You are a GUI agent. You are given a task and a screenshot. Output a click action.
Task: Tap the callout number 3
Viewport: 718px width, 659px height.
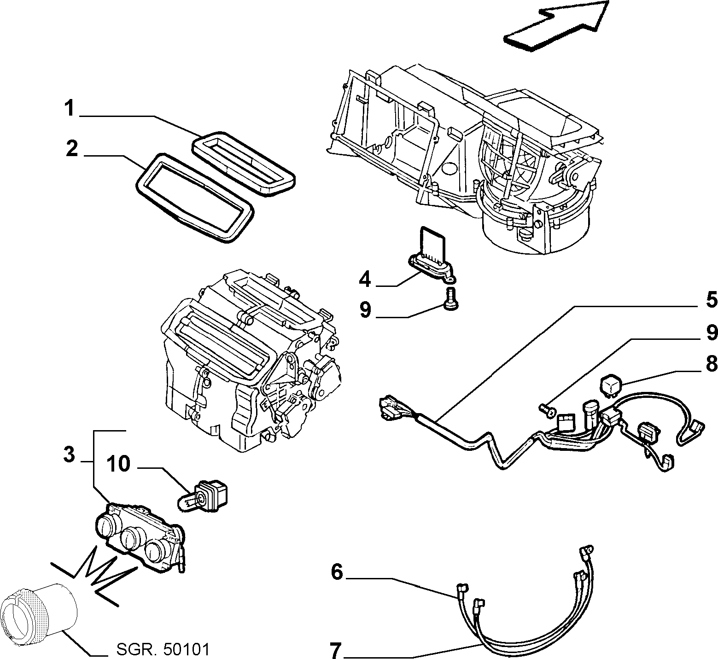[x=69, y=456]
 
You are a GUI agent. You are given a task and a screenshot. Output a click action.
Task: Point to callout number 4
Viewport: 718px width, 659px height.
[x=365, y=279]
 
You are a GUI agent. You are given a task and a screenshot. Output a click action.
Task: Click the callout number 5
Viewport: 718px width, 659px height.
[x=712, y=299]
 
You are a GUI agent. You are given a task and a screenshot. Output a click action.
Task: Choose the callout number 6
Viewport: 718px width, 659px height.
[x=337, y=572]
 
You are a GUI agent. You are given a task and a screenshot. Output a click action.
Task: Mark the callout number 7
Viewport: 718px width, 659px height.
[x=335, y=651]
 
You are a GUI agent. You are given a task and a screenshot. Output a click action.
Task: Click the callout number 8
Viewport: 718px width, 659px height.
[x=712, y=364]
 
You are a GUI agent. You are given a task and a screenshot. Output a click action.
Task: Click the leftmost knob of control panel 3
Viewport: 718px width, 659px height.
[x=107, y=525]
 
